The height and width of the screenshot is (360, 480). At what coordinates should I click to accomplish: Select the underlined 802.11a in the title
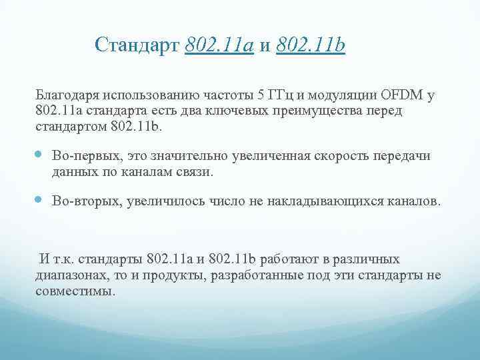(219, 45)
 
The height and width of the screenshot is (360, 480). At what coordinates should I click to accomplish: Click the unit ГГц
(273, 95)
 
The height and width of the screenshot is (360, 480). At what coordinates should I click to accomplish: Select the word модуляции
(339, 95)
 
